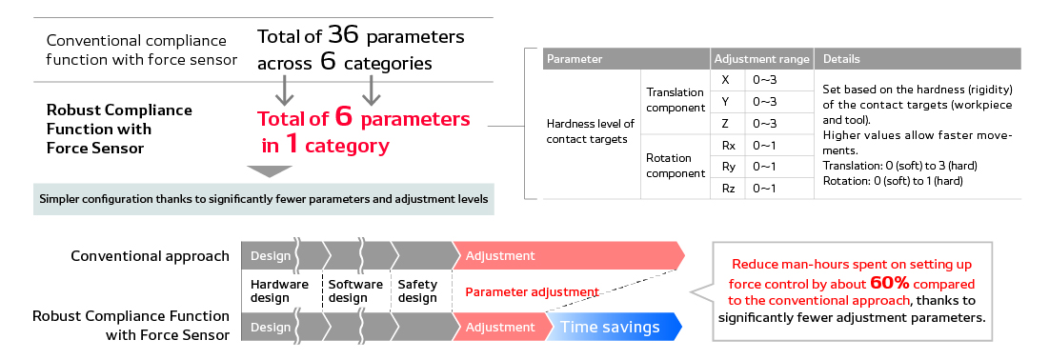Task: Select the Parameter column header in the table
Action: pyautogui.click(x=574, y=59)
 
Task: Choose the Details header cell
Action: pyautogui.click(x=841, y=59)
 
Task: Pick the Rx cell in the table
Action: pyautogui.click(x=728, y=145)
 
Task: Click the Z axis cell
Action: pyautogui.click(x=726, y=123)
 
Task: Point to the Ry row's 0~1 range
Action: pyautogui.click(x=764, y=167)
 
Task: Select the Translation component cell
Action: pyautogui.click(x=675, y=101)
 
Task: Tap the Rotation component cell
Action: pyautogui.click(x=675, y=166)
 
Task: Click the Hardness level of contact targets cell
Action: pyautogui.click(x=591, y=131)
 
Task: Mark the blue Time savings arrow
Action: pyautogui.click(x=615, y=327)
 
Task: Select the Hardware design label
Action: pyautogui.click(x=279, y=291)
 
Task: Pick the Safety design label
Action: pyautogui.click(x=417, y=291)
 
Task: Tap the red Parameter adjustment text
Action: pyautogui.click(x=532, y=291)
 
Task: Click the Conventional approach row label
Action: pyautogui.click(x=150, y=256)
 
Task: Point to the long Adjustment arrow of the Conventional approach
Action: pyautogui.click(x=567, y=256)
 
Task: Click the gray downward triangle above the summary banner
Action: pyautogui.click(x=269, y=171)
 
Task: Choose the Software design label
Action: pyautogui.click(x=355, y=291)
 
